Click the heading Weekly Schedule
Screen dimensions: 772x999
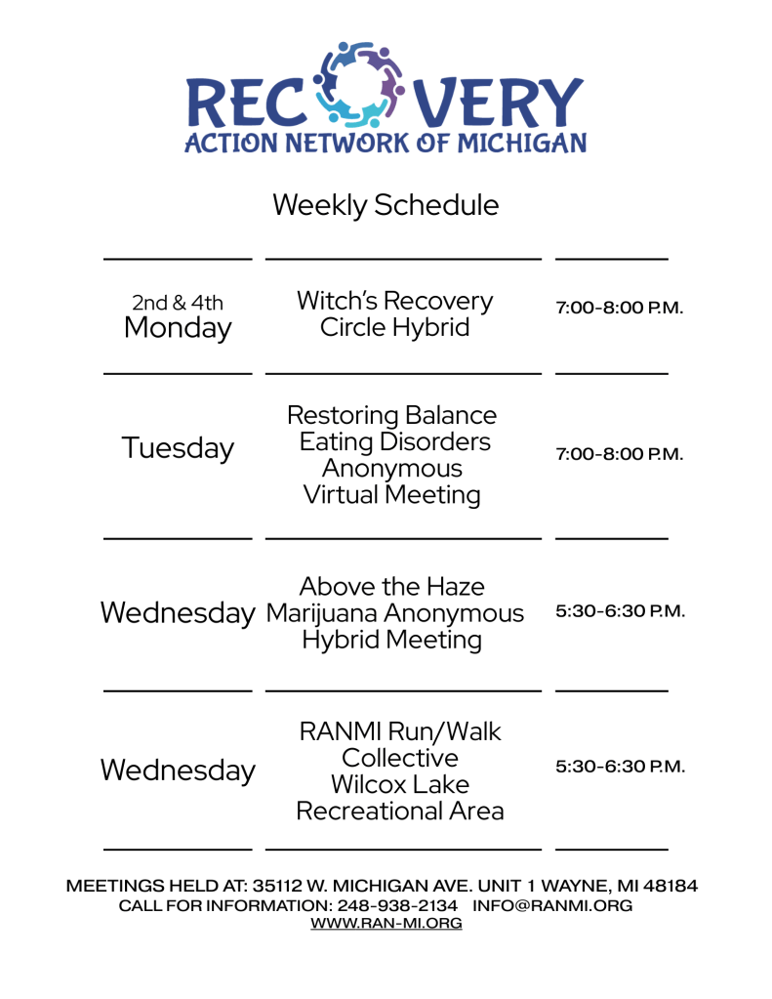point(386,206)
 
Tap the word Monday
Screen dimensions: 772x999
point(178,329)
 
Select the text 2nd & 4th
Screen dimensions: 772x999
point(178,302)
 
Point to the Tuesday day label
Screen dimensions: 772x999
point(178,448)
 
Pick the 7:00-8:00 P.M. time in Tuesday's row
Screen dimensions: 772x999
point(619,454)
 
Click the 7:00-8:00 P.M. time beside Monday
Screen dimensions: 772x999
point(619,308)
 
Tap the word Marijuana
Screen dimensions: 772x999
point(322,614)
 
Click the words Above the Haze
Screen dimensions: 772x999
point(391,586)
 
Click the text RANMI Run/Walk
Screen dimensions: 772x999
point(400,732)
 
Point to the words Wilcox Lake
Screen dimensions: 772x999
point(400,784)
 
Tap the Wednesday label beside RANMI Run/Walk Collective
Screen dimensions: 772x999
point(178,770)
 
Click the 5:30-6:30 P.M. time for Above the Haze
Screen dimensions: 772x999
point(621,611)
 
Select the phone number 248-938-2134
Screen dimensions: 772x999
point(397,906)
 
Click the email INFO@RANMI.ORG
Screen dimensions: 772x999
point(552,906)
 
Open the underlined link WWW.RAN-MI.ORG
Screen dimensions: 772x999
point(386,923)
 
